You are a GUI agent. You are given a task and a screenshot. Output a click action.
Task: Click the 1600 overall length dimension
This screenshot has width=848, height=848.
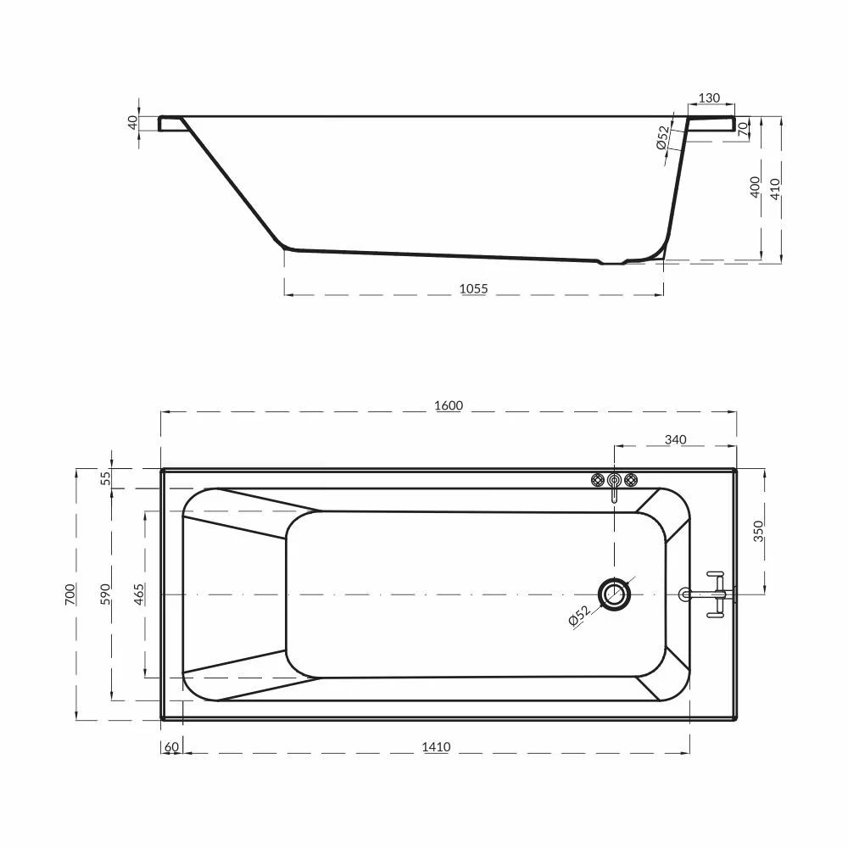click(x=449, y=405)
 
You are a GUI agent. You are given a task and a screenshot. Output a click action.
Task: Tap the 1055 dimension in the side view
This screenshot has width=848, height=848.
click(x=473, y=289)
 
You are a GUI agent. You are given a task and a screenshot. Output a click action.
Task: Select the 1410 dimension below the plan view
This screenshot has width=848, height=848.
click(x=436, y=747)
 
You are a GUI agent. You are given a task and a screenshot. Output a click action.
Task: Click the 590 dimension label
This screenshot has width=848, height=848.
click(x=105, y=594)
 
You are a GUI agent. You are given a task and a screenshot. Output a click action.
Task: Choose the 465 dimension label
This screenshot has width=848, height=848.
click(x=139, y=594)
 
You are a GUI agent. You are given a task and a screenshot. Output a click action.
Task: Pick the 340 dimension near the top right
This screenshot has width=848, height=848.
click(x=676, y=439)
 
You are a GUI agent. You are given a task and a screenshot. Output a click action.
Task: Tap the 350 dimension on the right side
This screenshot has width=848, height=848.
click(x=758, y=531)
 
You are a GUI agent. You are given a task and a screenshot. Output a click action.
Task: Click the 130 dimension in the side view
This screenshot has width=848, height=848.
click(x=709, y=98)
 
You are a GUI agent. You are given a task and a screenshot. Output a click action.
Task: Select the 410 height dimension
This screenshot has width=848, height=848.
click(x=775, y=189)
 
